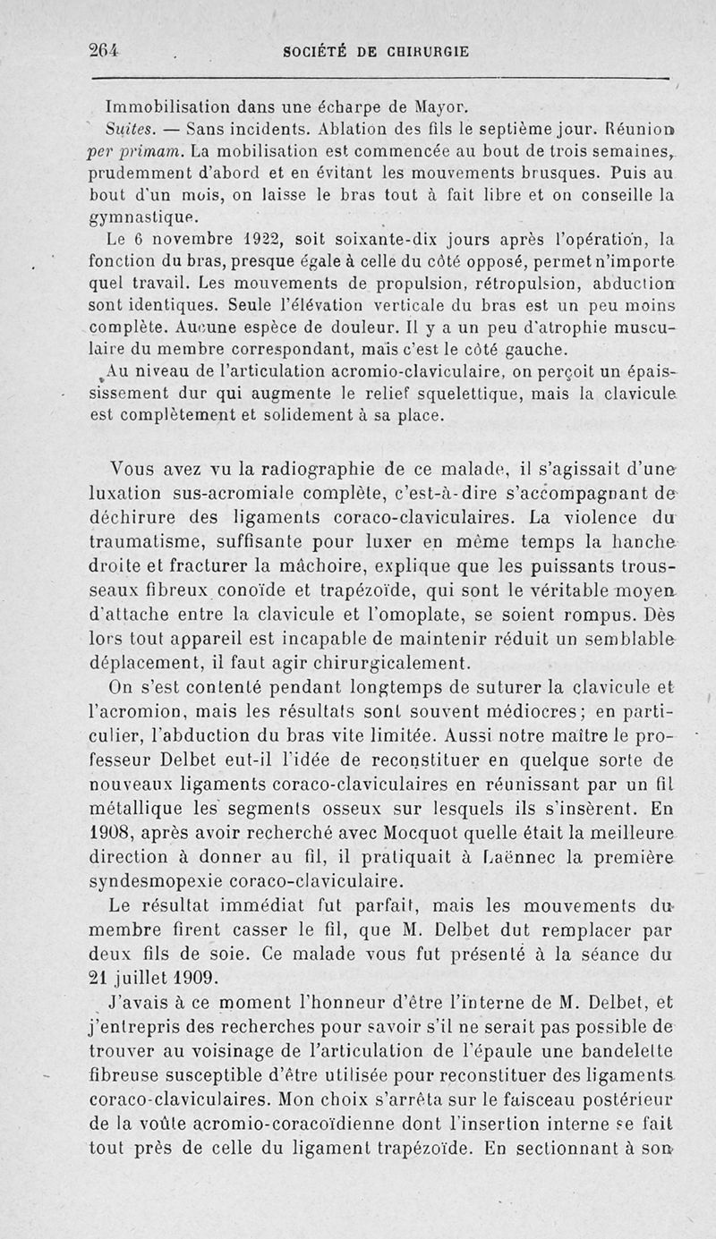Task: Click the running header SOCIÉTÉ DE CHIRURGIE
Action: point(375,51)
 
